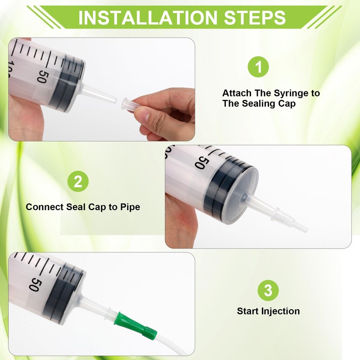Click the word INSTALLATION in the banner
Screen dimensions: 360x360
coord(148,18)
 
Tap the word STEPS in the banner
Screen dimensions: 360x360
coord(255,18)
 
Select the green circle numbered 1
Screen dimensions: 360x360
coord(258,67)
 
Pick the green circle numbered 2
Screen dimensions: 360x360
coord(78,181)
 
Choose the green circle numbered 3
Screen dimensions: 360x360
coord(268,290)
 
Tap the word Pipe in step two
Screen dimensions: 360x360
coord(130,207)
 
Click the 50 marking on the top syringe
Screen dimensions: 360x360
coord(42,76)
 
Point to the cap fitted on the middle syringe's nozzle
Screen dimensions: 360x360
coord(290,220)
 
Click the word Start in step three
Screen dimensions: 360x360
coord(248,311)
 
